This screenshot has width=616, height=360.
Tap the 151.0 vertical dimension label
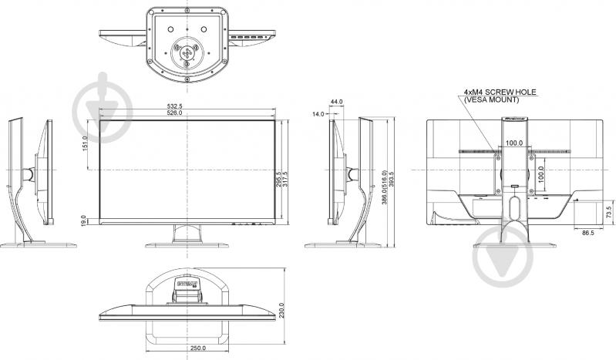tap(85, 144)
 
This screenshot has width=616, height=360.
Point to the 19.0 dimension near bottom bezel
tap(84, 218)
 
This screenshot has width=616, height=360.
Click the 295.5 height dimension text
tap(278, 179)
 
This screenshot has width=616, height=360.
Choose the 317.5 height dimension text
tap(285, 179)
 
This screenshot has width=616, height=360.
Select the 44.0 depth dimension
tap(336, 102)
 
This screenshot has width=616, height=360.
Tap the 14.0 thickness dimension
tap(318, 114)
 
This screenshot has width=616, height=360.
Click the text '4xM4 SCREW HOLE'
tap(500, 93)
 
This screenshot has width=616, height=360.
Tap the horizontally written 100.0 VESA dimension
tap(514, 143)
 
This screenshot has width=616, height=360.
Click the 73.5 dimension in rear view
tap(608, 210)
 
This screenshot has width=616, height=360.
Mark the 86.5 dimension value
tap(587, 231)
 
